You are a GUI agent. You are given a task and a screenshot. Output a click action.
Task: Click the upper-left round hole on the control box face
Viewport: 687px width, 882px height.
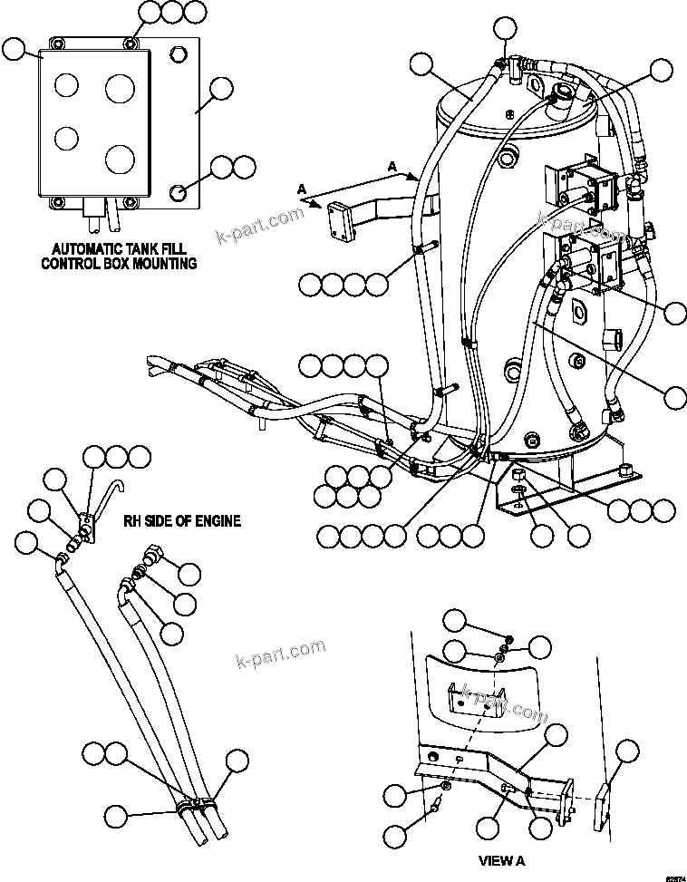coord(66,85)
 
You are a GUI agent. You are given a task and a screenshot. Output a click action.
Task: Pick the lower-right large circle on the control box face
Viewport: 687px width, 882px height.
coord(119,159)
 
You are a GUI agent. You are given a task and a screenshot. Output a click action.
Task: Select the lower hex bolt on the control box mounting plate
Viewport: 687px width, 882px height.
coord(179,191)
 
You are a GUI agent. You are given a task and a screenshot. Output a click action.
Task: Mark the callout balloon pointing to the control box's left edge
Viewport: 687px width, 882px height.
coord(15,50)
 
